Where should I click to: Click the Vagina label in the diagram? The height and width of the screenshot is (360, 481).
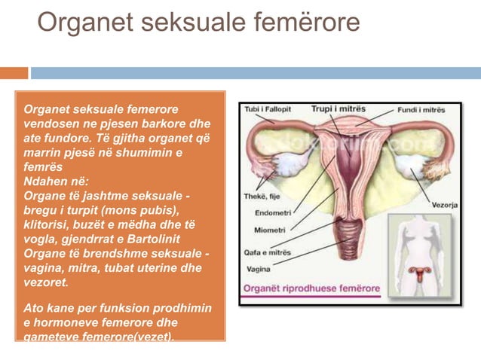(x=258, y=269)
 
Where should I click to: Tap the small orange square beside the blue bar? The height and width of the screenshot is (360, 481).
(x=14, y=73)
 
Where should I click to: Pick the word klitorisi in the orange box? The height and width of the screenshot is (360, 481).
(x=49, y=224)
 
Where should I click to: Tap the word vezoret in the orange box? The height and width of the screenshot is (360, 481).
(x=46, y=282)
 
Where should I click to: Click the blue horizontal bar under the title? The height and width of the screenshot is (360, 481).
(x=255, y=73)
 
